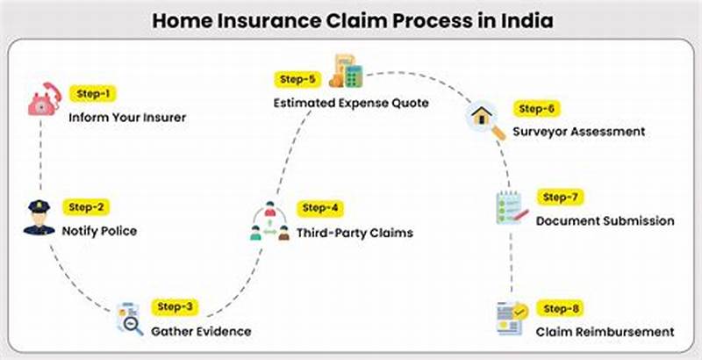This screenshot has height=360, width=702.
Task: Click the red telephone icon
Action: coord(41,102)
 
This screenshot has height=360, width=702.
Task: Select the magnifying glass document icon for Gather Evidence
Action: coord(129,320)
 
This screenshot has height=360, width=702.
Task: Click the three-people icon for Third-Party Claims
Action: coord(270,221)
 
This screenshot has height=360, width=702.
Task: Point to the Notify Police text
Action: coord(99,232)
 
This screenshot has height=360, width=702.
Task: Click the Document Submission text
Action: coord(605,220)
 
